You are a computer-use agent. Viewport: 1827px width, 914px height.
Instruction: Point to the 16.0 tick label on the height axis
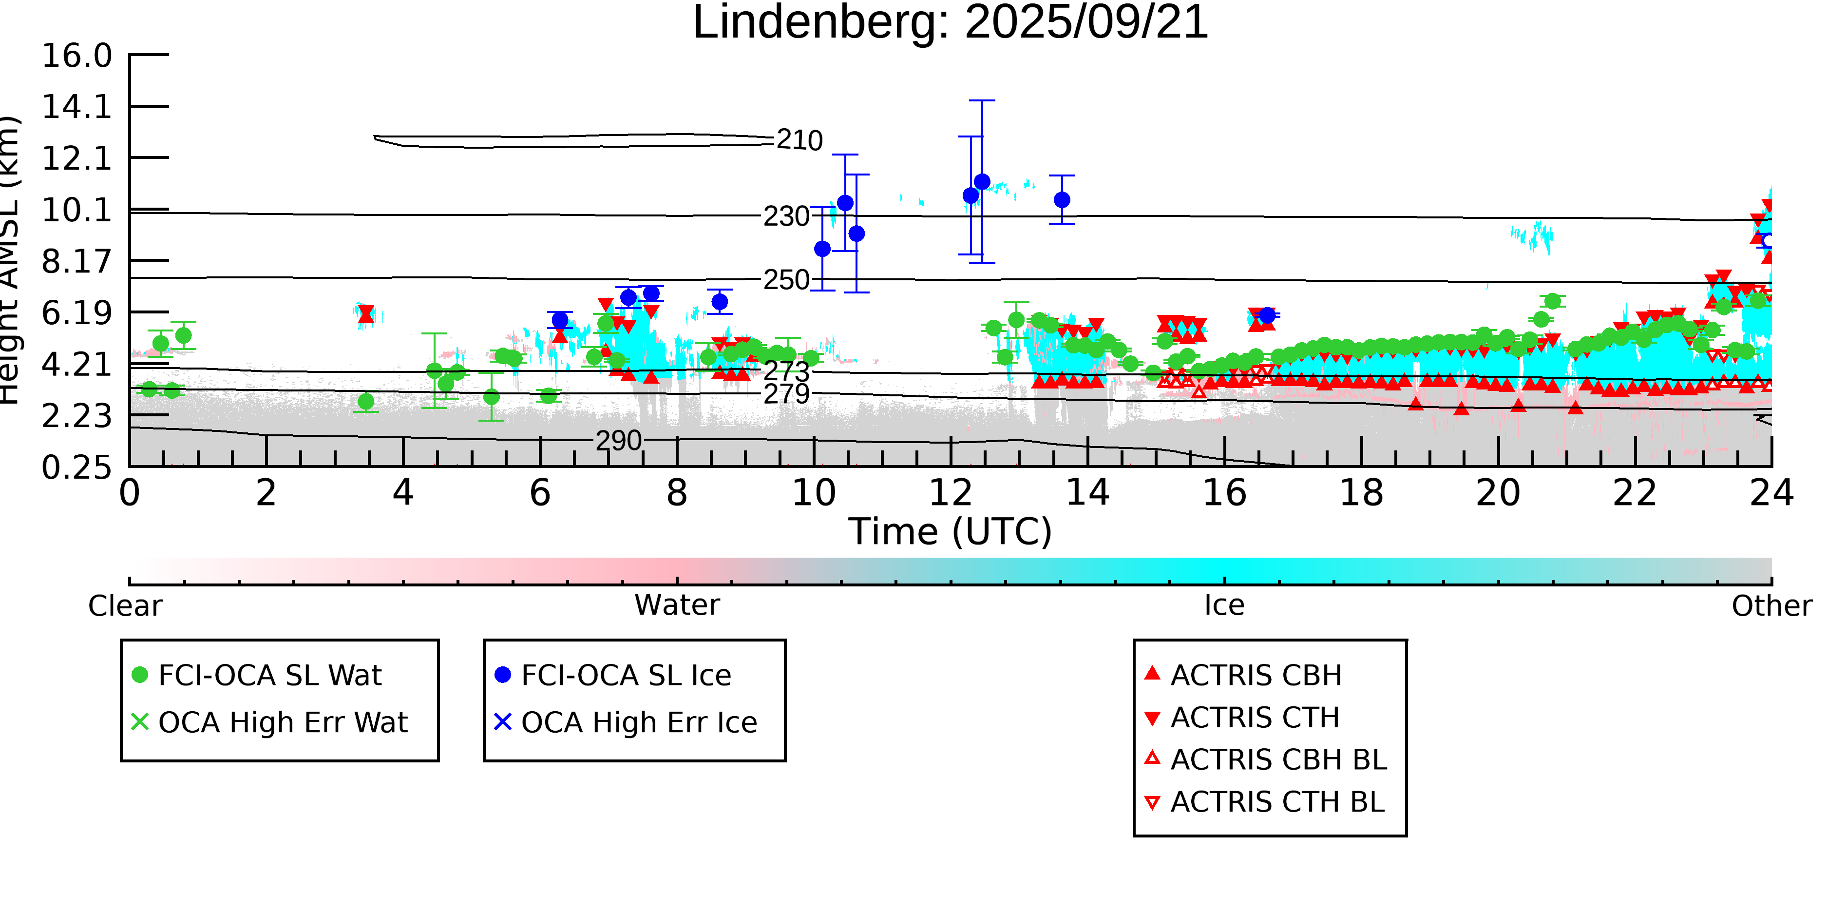[x=76, y=56]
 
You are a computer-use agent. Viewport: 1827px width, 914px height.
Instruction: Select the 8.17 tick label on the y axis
[x=76, y=261]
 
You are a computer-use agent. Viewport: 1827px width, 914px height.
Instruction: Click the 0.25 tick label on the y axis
[x=76, y=467]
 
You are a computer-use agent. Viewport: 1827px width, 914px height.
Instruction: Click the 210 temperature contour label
[x=799, y=140]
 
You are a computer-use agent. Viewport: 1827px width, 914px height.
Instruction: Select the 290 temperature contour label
[x=618, y=441]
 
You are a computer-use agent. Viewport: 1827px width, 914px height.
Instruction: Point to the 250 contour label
[x=786, y=280]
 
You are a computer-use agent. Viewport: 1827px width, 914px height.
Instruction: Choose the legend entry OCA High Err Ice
[x=638, y=722]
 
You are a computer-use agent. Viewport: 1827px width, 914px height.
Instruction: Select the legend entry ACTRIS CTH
[x=1255, y=718]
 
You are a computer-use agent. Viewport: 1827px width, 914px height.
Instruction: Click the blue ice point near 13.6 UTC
[x=1061, y=200]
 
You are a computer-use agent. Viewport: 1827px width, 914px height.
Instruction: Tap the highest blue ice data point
[x=982, y=182]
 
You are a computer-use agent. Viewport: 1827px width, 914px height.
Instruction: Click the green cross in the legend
[x=140, y=722]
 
